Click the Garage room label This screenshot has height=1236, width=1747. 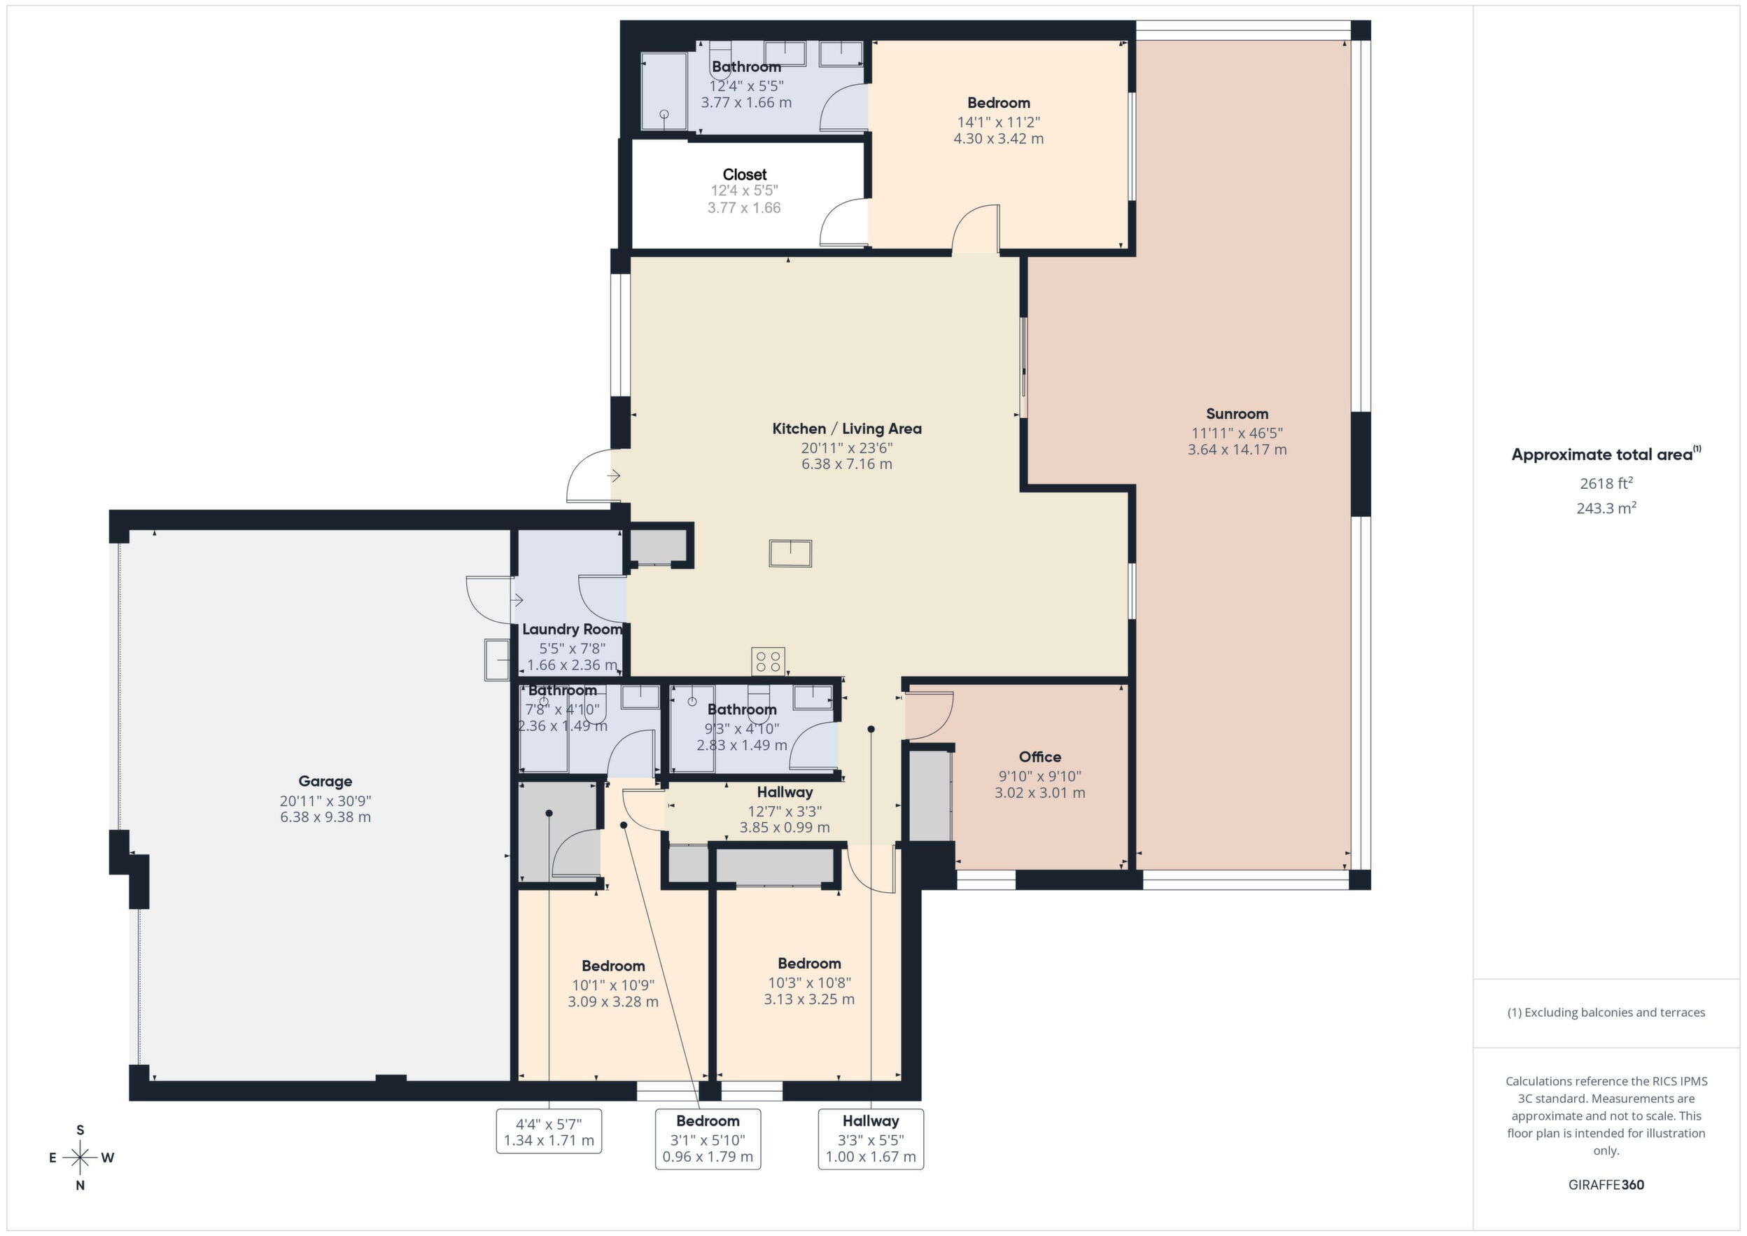point(325,781)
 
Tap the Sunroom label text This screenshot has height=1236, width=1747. point(1237,414)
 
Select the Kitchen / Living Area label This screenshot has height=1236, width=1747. point(847,429)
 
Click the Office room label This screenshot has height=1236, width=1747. point(1040,756)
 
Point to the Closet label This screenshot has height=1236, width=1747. point(744,174)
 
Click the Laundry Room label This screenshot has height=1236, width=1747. point(573,630)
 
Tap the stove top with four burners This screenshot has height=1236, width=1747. point(768,660)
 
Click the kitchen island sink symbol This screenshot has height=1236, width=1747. point(791,553)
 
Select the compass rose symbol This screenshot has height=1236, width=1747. point(80,1158)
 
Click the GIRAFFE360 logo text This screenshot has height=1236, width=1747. point(1606,1185)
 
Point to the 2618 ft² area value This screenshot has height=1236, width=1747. point(1606,482)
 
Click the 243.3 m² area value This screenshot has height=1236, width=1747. point(1606,508)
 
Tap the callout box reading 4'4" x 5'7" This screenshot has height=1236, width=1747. point(549,1131)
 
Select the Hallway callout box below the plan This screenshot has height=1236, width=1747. point(871,1139)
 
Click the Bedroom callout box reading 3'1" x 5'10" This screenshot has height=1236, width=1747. point(708,1139)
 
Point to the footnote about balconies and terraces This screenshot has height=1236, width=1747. point(1606,1012)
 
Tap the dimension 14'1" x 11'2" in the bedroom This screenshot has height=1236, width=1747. point(998,122)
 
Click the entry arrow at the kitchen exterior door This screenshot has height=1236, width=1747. point(613,475)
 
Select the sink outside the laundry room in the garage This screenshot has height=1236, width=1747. point(498,659)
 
